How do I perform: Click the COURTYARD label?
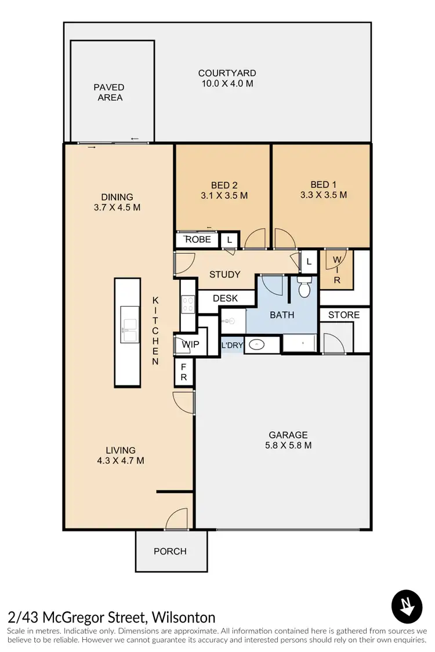[227, 74]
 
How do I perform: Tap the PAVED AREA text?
[110, 93]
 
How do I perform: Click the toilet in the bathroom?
[304, 286]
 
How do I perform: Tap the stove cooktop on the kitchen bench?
[187, 305]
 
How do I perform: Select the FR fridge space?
[183, 372]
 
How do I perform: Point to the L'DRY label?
[232, 346]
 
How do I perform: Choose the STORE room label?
[344, 315]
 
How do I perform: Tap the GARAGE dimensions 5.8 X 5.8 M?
[288, 446]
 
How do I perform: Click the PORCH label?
[170, 551]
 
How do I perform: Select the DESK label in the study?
[225, 298]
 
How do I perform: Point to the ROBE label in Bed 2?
[198, 239]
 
